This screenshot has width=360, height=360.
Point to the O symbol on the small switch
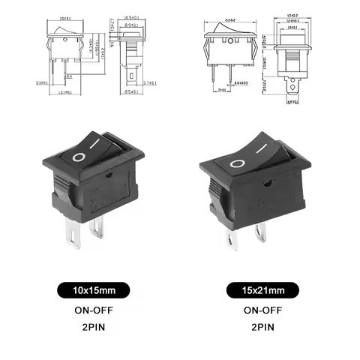tap(79, 158)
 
